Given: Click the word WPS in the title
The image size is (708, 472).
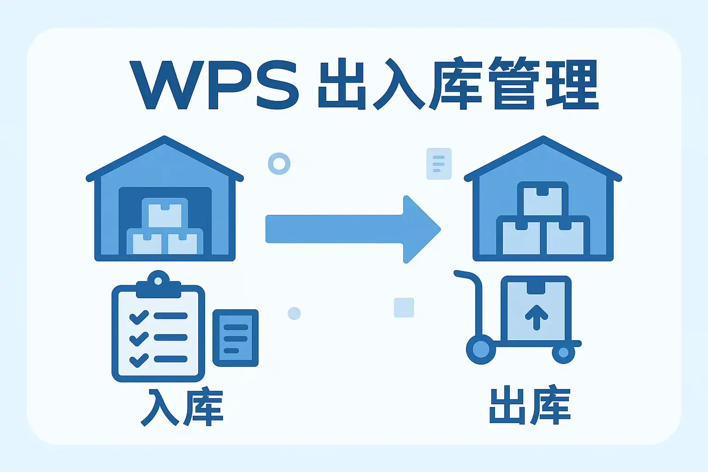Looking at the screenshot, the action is (215, 85).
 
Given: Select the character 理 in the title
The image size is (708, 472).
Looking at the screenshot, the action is (572, 83).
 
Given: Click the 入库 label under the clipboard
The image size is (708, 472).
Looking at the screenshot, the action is (182, 407).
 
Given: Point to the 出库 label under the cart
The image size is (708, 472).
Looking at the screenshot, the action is (530, 405).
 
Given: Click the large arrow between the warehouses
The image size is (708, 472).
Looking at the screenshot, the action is (353, 229).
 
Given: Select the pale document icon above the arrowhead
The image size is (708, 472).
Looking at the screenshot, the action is (439, 164).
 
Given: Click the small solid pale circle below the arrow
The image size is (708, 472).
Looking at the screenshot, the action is (294, 313).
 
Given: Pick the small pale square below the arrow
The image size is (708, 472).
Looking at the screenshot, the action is (404, 307).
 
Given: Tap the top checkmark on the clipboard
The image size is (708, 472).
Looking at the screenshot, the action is (139, 317).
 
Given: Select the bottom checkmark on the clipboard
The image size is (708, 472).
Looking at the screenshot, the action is (139, 360).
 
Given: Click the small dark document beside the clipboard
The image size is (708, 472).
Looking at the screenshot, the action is (236, 338).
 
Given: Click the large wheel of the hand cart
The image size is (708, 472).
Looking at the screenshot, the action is (481, 350).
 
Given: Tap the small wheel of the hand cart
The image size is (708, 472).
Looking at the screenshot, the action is (564, 352).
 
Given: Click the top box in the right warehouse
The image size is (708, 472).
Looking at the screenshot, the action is (543, 200).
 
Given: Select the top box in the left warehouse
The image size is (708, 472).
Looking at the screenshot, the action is (165, 214).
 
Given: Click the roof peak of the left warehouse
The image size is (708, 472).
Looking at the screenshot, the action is (165, 138).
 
